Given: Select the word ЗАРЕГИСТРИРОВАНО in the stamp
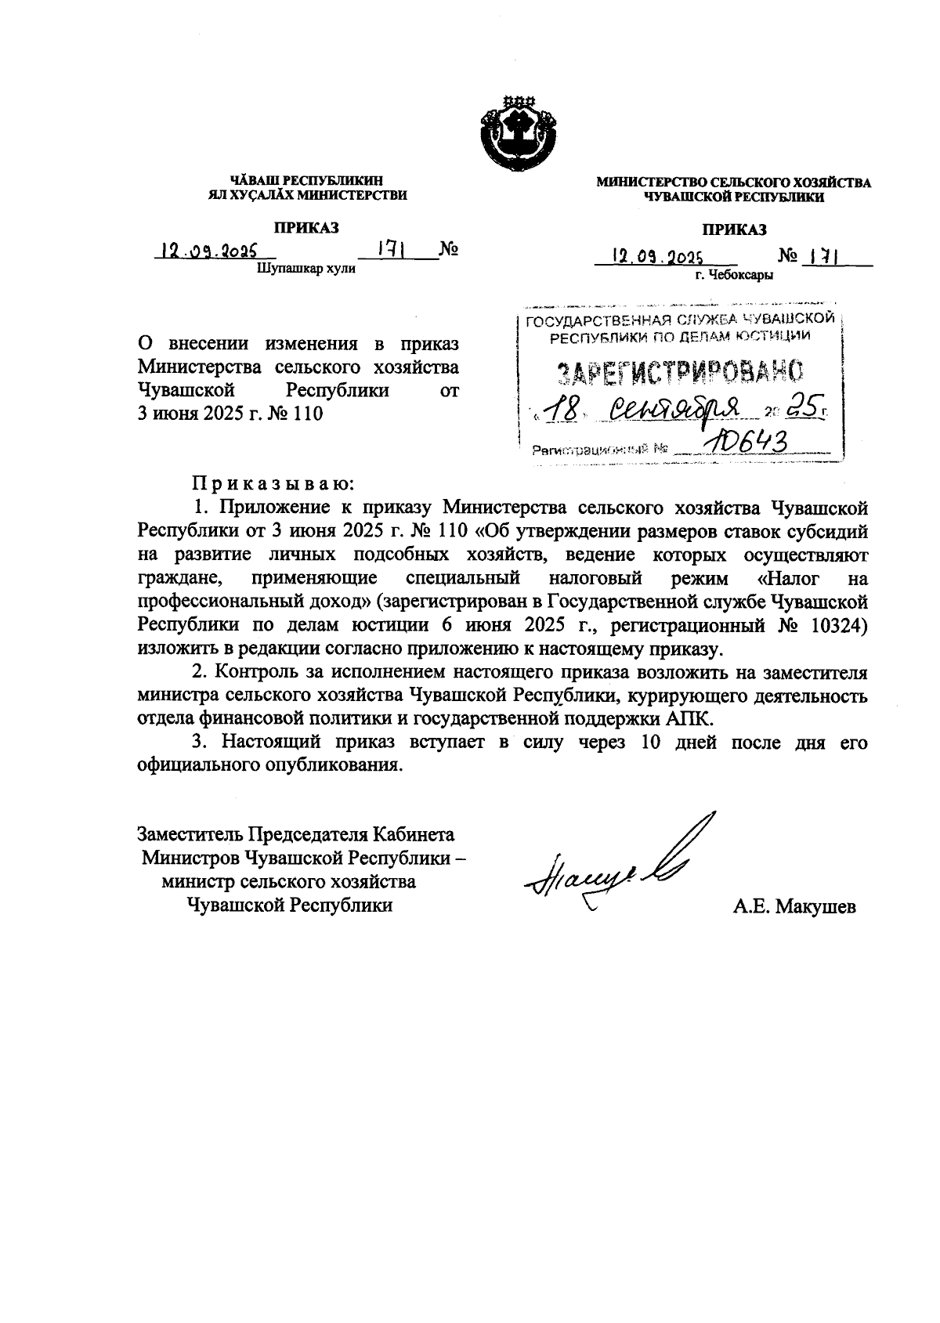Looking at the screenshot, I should pos(680,374).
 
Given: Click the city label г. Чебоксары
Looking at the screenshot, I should pos(734,275).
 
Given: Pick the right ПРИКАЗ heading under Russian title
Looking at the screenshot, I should pos(734,229).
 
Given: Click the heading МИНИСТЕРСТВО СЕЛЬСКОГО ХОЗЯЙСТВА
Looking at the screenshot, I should pos(733,183).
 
